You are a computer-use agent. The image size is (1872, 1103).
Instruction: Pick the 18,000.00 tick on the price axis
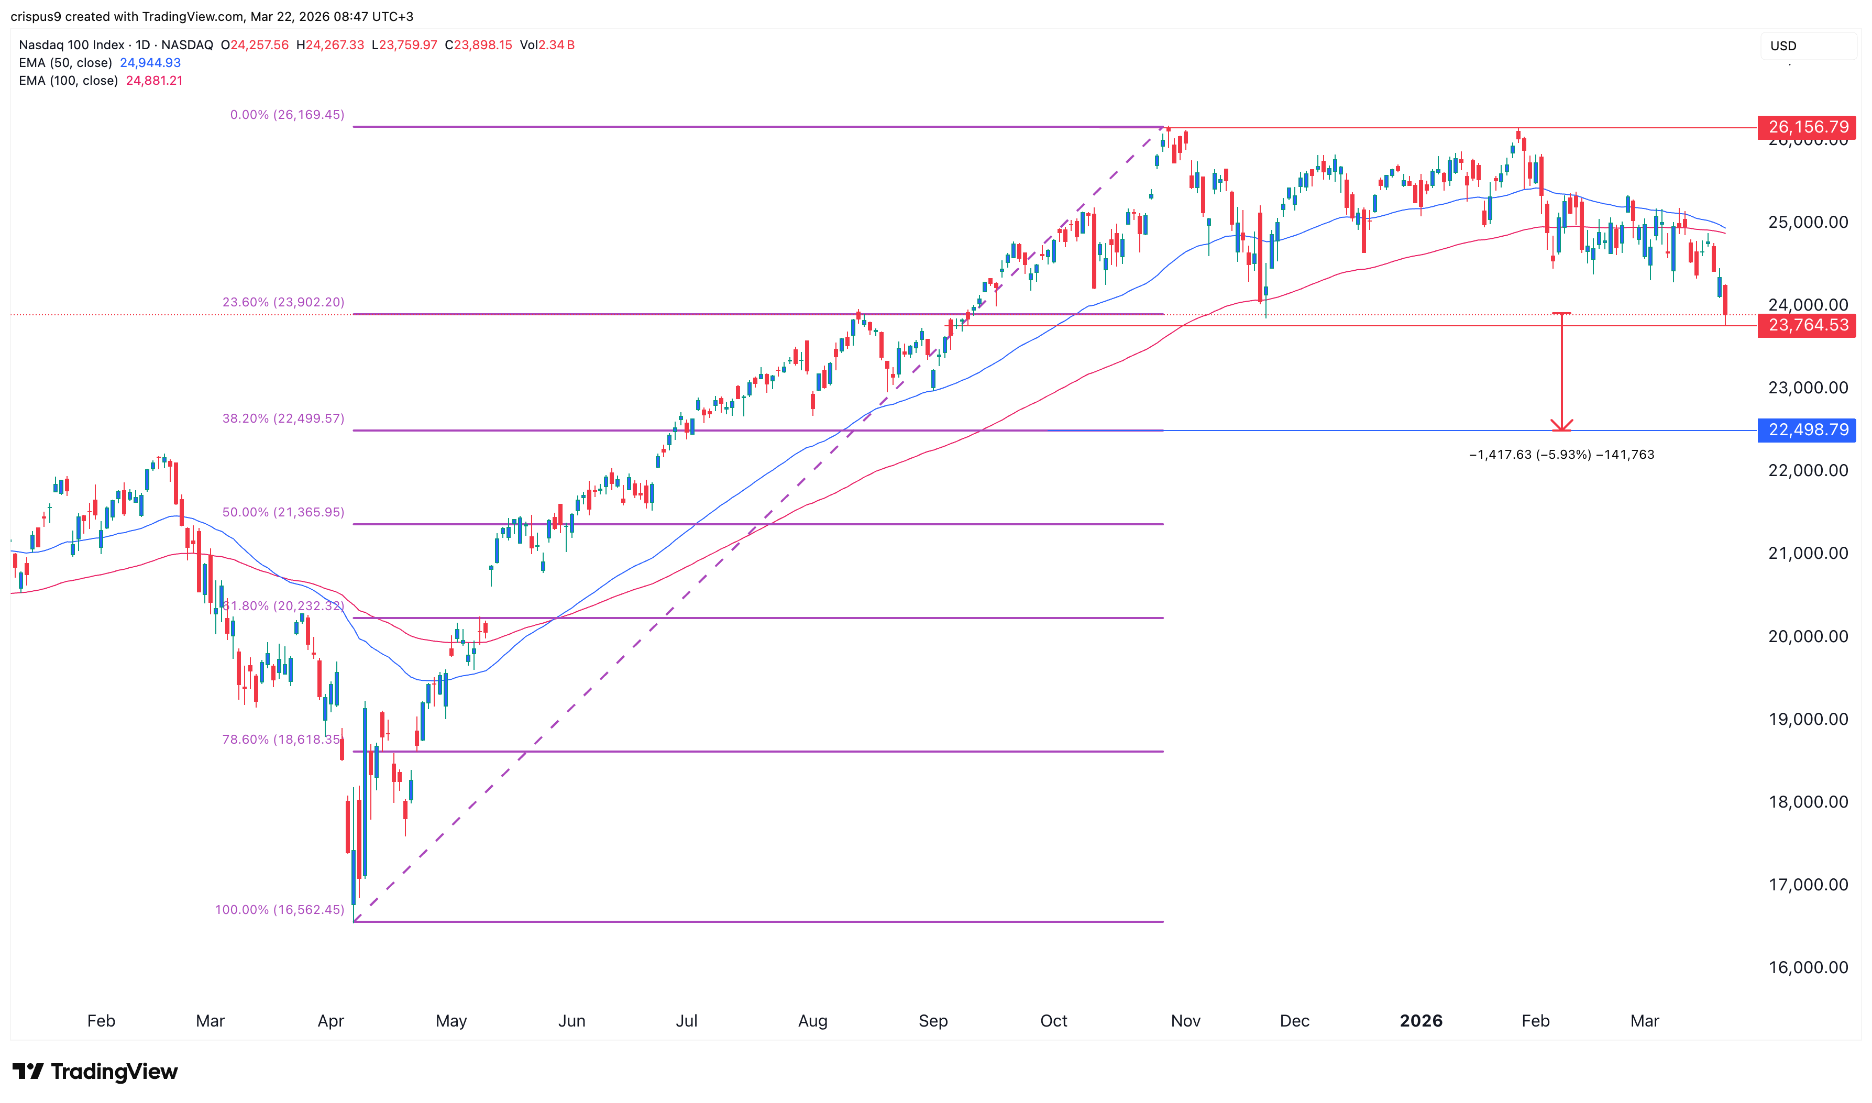coord(1808,802)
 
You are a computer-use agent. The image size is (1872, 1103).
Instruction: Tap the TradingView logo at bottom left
coord(95,1071)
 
